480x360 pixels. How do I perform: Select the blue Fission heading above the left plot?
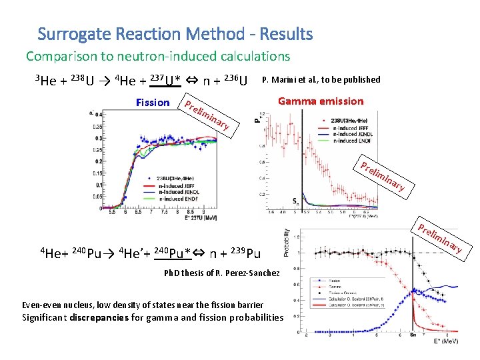[x=152, y=103]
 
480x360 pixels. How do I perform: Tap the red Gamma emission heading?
[x=321, y=101]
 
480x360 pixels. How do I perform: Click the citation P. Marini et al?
[x=321, y=80]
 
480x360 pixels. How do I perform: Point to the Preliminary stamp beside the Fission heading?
[x=207, y=115]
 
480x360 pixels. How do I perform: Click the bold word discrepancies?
[x=99, y=317]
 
